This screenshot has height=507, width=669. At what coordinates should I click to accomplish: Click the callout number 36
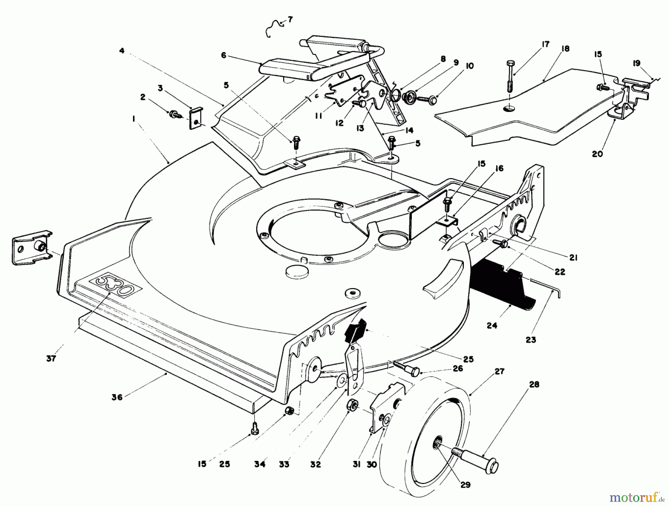[x=117, y=397]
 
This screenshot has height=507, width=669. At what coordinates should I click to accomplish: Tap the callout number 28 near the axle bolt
[x=534, y=384]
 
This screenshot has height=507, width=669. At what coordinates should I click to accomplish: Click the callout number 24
[x=492, y=326]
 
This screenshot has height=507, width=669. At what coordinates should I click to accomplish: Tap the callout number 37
[x=51, y=358]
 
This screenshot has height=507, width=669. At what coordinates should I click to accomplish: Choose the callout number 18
[x=566, y=49]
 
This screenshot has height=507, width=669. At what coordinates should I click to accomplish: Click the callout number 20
[x=597, y=154]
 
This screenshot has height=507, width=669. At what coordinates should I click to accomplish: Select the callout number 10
[x=469, y=66]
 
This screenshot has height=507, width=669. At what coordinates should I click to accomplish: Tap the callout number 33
[x=284, y=464]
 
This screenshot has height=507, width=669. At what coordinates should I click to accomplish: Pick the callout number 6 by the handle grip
[x=223, y=55]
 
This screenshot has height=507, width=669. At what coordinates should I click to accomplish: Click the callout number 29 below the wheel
[x=465, y=485]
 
